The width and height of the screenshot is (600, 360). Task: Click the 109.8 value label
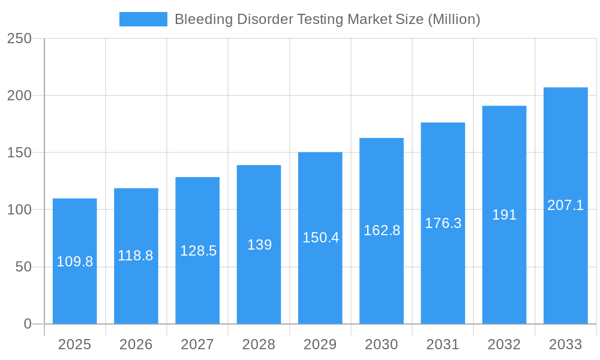pos(74,262)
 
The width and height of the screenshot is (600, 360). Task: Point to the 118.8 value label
pos(136,256)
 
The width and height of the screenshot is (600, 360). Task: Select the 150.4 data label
pos(320,238)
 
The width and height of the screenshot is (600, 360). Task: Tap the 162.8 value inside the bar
pos(382,230)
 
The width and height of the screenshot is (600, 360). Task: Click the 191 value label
pos(504,215)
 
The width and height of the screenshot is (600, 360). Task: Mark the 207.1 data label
pos(565,205)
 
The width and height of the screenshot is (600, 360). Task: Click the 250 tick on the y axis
pos(19,38)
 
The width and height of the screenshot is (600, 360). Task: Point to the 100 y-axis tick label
pos(19,210)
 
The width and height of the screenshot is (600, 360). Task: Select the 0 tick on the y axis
pos(28,324)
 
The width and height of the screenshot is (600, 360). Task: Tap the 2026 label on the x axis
pos(136,344)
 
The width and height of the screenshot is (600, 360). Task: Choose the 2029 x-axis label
pos(320,344)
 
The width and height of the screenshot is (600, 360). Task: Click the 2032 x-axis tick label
pos(504,344)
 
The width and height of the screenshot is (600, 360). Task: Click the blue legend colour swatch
pos(143,19)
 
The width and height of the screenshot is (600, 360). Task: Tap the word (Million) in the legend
pos(454,19)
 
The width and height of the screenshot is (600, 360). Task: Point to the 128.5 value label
pos(198,251)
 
